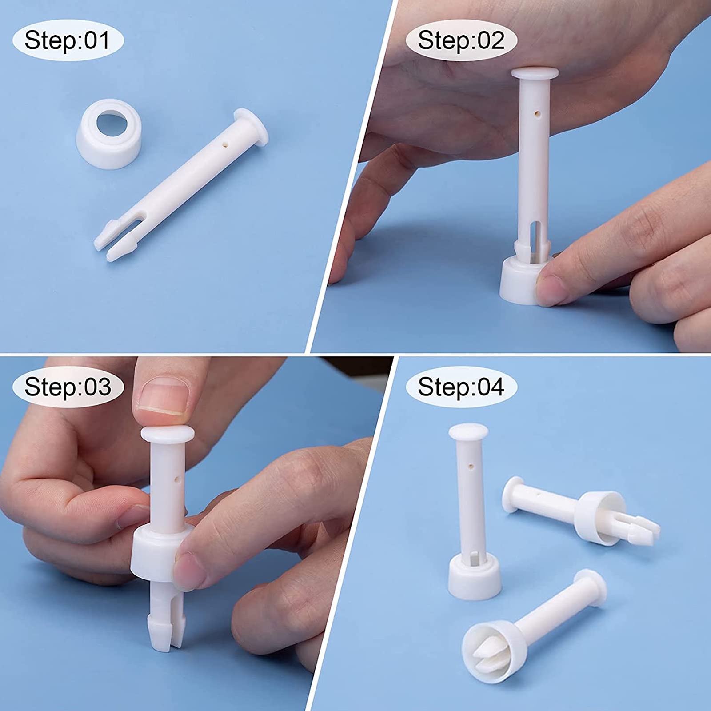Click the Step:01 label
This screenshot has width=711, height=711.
click(x=67, y=40)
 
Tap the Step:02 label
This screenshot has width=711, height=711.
click(x=461, y=40)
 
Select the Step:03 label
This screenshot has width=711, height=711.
click(x=67, y=387)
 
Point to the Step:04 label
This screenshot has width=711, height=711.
click(x=461, y=387)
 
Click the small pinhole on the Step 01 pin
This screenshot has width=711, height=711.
click(x=225, y=144)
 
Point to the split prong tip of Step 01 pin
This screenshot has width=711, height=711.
click(x=113, y=242)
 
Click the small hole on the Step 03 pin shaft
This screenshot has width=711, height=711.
click(x=177, y=480)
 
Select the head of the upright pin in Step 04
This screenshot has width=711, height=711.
click(x=468, y=431)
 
